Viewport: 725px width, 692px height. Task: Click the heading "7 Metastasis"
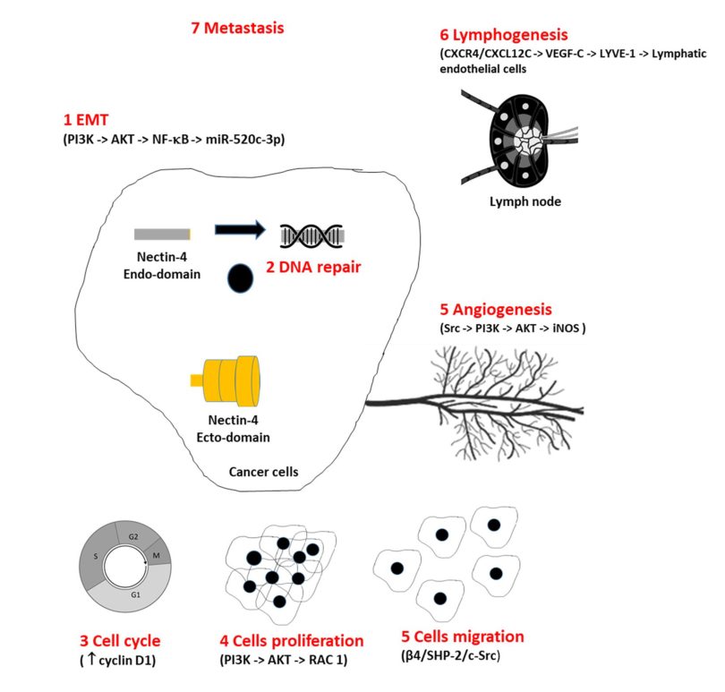pos(237,29)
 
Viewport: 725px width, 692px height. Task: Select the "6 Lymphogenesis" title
pos(503,36)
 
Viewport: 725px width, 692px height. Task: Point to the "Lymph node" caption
pos(525,202)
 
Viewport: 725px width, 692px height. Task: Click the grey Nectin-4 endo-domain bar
pos(162,235)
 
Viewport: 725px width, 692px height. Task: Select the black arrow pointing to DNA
pos(240,230)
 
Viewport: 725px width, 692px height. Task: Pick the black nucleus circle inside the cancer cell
pos(240,278)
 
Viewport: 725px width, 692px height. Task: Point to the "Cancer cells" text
pos(264,471)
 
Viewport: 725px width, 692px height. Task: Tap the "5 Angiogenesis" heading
pos(508,310)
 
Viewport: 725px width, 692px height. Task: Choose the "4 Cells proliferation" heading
pos(292,642)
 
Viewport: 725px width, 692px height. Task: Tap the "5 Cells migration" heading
pos(463,637)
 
